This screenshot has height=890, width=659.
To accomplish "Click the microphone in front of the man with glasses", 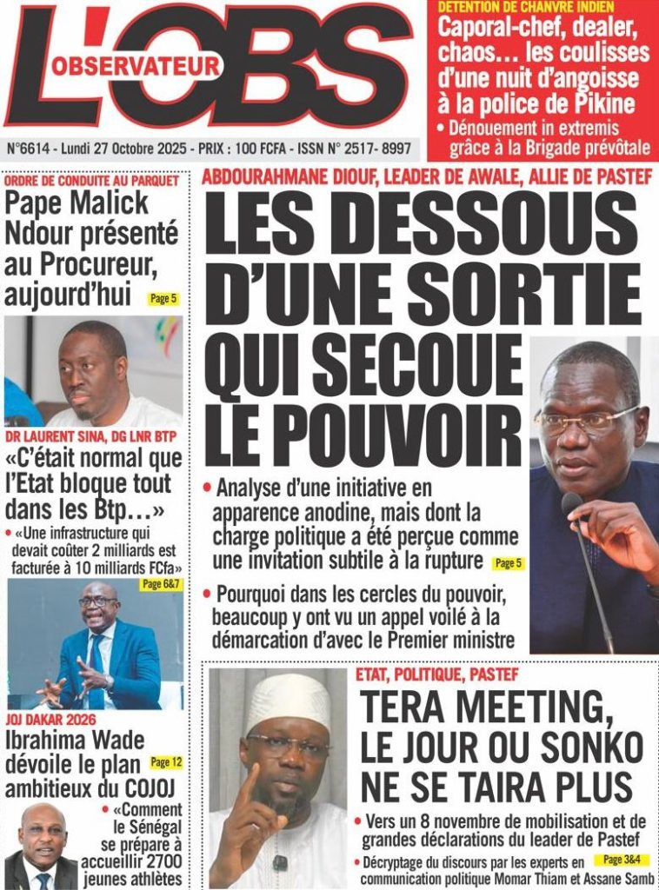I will point(573,504).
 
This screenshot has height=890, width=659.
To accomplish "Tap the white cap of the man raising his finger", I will point(287,699).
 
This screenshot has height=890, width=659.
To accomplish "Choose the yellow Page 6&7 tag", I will point(161,584).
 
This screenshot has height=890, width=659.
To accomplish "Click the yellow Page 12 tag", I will point(165,762).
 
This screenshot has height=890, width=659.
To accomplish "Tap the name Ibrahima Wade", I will point(75,742).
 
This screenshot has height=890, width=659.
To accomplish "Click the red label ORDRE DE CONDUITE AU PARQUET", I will point(91,181).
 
